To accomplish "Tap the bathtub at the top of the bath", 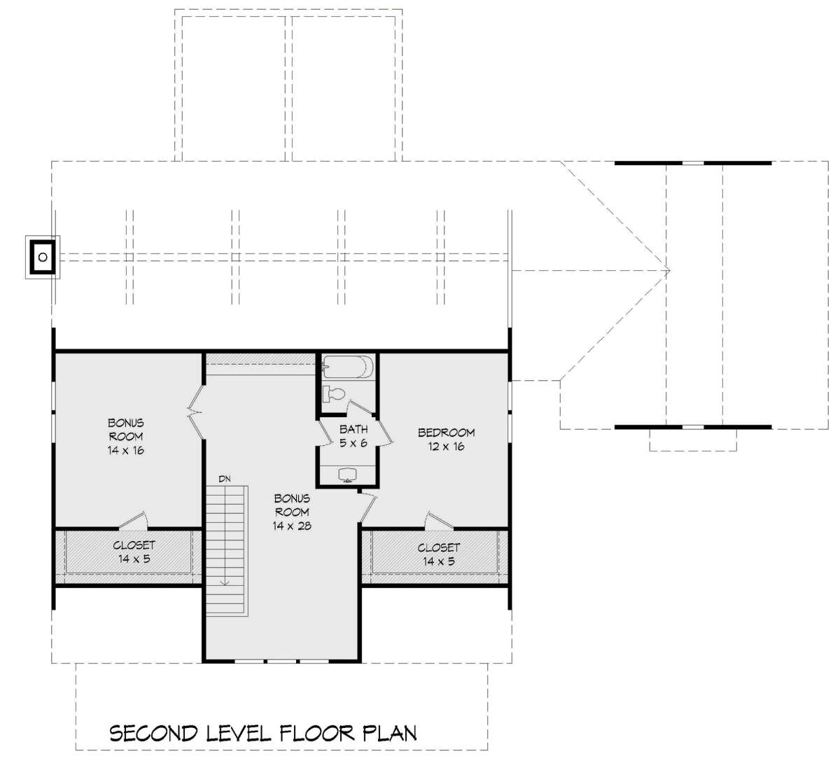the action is (348, 367).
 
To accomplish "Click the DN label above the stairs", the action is (225, 479).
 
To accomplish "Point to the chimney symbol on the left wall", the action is (43, 257).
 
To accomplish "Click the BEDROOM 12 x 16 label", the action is (447, 440).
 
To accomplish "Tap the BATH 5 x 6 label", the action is (353, 436).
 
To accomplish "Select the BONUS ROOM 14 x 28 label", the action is (292, 512).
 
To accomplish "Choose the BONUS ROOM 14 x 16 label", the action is (125, 437).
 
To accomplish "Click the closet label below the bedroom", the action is (438, 554).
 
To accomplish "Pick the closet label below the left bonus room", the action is (134, 552).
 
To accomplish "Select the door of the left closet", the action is (134, 520).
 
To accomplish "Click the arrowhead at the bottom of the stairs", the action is (225, 582).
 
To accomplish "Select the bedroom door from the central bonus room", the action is (368, 507).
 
